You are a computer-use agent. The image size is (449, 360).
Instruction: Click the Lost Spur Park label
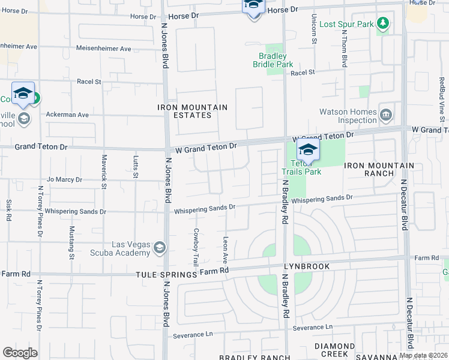click(x=346, y=24)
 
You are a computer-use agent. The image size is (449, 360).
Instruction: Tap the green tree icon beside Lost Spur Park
click(x=383, y=24)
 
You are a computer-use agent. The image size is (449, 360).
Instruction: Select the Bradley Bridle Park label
click(x=272, y=60)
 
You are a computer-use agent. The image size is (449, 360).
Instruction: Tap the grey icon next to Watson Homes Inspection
click(x=386, y=113)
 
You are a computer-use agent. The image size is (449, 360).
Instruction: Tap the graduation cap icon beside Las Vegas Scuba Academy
click(x=160, y=247)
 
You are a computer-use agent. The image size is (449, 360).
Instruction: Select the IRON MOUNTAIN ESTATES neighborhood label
click(x=192, y=111)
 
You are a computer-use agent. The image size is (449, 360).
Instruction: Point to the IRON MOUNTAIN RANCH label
click(x=379, y=169)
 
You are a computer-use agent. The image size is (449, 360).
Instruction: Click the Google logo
click(x=20, y=353)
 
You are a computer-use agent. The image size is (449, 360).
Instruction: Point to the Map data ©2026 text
click(x=423, y=355)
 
